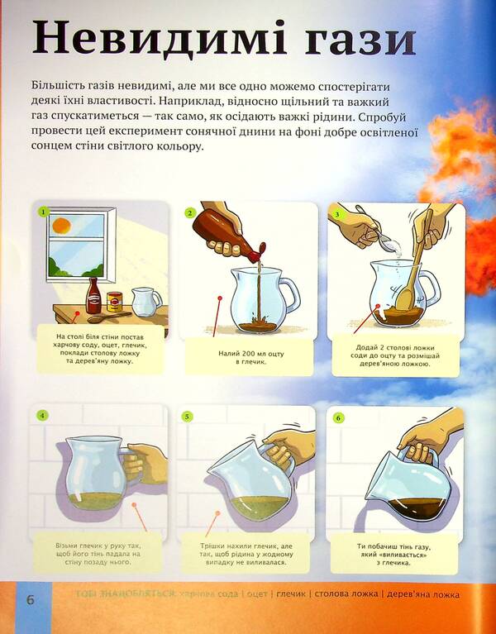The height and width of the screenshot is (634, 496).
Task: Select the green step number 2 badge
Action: click(189, 212)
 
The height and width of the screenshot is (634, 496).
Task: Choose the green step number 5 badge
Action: click(188, 416)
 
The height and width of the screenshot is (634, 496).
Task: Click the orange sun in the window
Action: click(60, 224)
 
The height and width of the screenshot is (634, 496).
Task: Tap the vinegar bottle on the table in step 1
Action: click(93, 295)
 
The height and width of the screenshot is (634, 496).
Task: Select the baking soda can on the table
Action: click(115, 303)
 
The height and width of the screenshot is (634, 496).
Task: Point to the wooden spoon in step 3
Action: click(413, 265)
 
